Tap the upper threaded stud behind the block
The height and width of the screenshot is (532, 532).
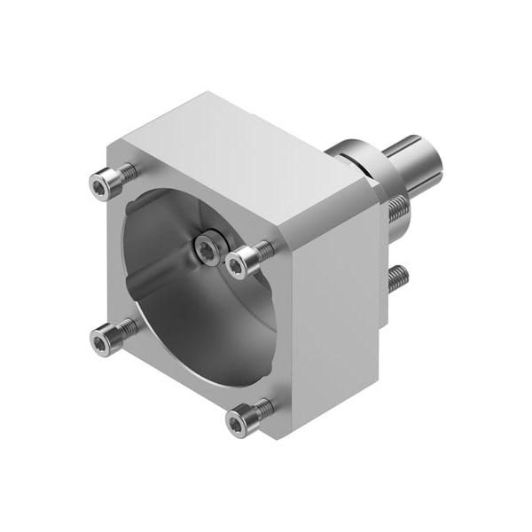tap(396, 209)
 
